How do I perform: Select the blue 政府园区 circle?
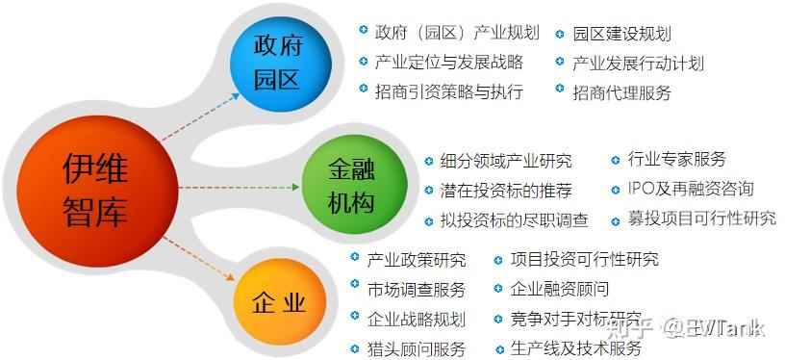277,61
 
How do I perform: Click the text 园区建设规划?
621,33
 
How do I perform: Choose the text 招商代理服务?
621,92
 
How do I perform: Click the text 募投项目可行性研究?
701,218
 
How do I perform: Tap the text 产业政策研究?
417,260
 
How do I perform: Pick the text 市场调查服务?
417,289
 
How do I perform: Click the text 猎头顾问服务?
417,347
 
